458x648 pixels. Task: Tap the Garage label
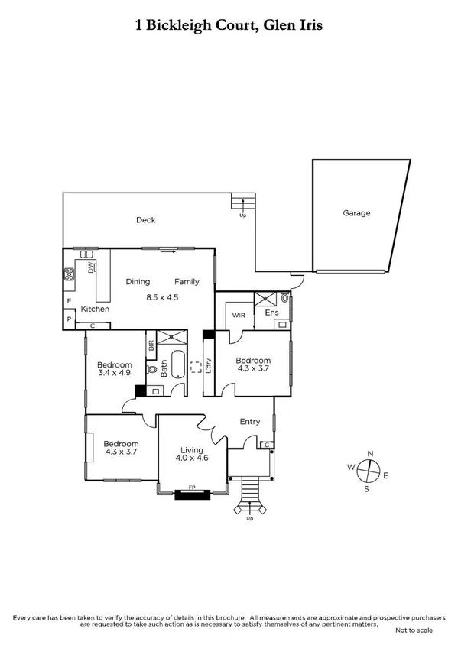coord(356,213)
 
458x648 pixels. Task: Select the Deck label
coord(145,220)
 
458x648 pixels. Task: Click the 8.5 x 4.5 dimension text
coord(162,297)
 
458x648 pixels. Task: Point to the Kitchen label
coord(95,309)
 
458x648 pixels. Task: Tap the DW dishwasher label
coord(90,268)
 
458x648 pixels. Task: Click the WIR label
coord(236,313)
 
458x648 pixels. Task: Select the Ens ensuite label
coord(272,313)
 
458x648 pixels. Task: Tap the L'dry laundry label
coord(207,368)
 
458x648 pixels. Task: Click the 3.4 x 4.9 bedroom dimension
coord(115,374)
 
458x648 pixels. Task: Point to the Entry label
coord(250,422)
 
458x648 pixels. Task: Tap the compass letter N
coord(370,453)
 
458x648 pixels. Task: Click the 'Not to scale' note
coord(414,630)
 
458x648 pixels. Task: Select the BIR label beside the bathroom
coord(151,345)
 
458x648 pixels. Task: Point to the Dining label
coord(138,281)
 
